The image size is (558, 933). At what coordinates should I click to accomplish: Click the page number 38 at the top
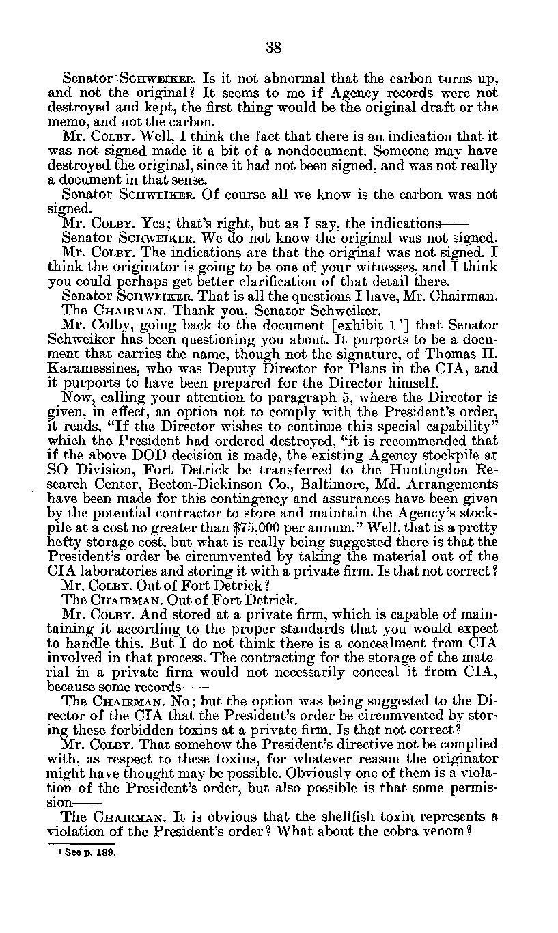[x=273, y=47]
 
